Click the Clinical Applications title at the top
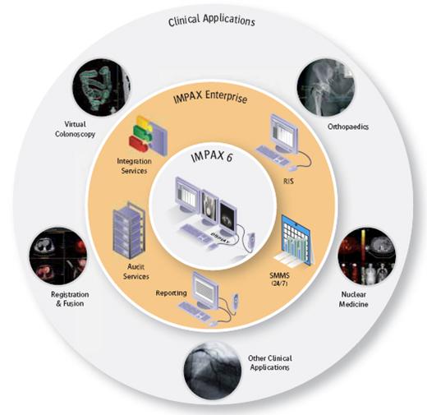point(211,21)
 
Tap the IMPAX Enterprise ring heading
point(210,97)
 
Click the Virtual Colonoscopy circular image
point(101,87)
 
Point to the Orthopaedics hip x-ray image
point(326,87)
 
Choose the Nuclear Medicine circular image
point(367,256)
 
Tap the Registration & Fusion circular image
point(58,256)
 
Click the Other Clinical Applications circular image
point(213,371)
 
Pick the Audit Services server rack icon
point(129,231)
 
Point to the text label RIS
point(288,181)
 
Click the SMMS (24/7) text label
point(279,279)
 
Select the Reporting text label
point(172,293)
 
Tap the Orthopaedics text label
point(348,127)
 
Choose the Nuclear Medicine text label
point(353,299)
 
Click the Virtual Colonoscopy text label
point(75,129)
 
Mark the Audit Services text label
point(136,271)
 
